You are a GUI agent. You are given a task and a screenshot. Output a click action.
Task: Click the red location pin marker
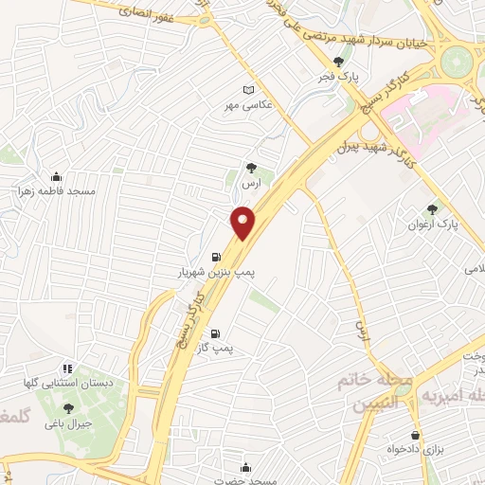243,224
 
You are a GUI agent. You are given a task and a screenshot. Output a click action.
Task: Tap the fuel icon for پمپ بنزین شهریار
217,256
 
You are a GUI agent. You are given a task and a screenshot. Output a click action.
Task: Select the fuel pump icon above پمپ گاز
215,333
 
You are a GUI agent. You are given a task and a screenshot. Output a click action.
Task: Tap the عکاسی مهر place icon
249,89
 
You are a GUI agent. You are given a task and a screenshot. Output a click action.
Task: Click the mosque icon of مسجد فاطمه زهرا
56,175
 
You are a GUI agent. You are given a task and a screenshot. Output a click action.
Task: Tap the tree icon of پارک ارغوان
433,209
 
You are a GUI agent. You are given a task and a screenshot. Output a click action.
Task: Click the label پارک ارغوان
433,225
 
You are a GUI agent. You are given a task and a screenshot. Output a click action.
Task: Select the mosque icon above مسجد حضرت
245,467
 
